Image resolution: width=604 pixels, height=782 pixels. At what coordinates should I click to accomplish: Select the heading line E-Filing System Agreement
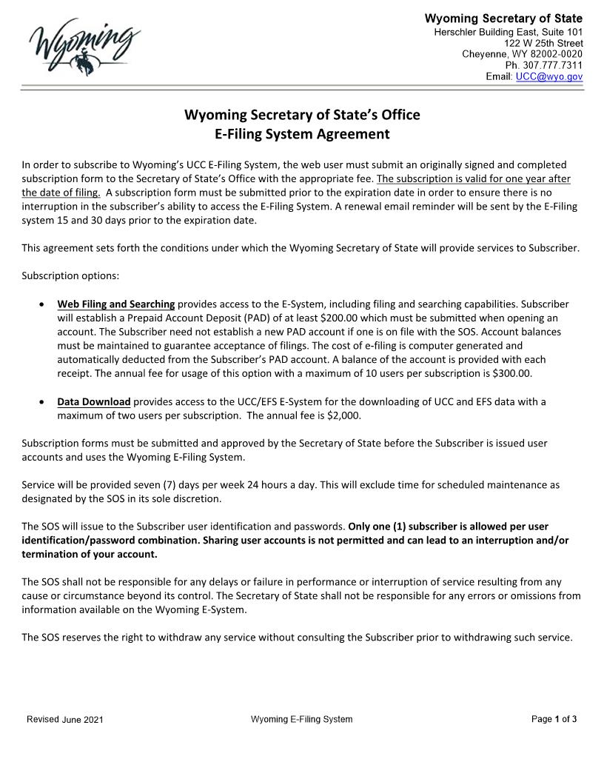[x=301, y=134]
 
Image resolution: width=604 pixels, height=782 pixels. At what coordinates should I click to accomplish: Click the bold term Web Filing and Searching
[x=116, y=304]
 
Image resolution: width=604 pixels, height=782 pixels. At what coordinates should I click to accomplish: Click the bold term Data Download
[x=94, y=401]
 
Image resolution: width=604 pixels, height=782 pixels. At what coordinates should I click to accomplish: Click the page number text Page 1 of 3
[x=554, y=719]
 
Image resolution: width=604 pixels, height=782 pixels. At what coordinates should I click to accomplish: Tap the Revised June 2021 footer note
[x=65, y=720]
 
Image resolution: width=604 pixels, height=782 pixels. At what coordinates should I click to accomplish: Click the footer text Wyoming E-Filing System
[x=301, y=719]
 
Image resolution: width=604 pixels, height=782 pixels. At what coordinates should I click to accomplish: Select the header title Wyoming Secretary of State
[x=503, y=19]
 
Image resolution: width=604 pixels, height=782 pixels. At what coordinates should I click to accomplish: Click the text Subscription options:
[x=70, y=275]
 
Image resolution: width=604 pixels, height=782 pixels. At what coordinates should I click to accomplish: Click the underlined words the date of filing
[x=61, y=192]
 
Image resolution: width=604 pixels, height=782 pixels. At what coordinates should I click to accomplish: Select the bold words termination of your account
[x=90, y=554]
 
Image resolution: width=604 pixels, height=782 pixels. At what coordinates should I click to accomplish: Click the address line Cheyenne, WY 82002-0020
[x=522, y=54]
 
